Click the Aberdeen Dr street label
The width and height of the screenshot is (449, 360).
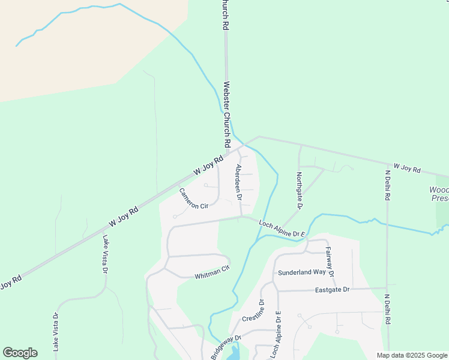point(239,182)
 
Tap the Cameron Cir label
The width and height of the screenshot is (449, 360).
point(193,199)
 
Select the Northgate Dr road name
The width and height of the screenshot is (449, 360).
point(299,191)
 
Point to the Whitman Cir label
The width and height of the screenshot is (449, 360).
point(212,272)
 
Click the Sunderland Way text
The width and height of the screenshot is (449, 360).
point(302,272)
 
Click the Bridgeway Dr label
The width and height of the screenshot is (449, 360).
point(226,347)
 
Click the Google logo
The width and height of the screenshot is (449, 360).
point(20,353)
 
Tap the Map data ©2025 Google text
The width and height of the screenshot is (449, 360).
point(412,355)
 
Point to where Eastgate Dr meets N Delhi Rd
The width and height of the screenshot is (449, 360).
point(388,289)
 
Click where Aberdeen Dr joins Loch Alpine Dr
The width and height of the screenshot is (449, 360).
point(241,217)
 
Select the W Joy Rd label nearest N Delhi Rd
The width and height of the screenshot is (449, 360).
point(407,168)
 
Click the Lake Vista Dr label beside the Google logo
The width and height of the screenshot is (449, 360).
point(55,331)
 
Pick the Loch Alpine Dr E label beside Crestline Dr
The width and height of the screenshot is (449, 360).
point(276,335)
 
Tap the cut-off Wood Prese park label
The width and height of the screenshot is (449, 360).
point(439,194)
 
